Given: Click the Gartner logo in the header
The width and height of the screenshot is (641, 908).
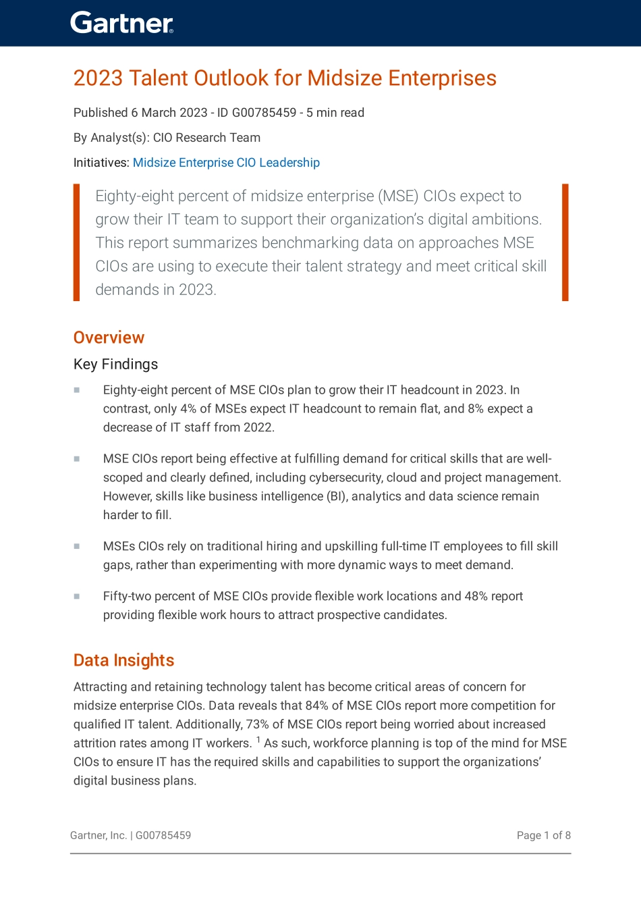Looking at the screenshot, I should (121, 23).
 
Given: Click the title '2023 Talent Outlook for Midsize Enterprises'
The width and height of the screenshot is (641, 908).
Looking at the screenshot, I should (285, 78).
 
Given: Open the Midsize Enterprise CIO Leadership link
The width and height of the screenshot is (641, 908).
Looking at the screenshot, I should (226, 163).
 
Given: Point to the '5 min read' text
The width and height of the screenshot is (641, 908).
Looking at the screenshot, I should (335, 113).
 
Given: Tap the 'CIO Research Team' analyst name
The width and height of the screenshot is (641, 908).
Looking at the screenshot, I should (206, 138).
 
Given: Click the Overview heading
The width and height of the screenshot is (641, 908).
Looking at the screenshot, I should (109, 338).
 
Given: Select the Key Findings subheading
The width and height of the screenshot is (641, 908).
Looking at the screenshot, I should (115, 365).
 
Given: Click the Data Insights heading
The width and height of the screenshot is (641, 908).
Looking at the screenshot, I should (123, 660).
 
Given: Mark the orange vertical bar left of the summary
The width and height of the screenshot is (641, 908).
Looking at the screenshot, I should (76, 242).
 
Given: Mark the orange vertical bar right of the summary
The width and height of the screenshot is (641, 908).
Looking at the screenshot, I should (565, 242).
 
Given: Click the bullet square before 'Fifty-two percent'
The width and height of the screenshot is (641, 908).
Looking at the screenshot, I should (77, 596).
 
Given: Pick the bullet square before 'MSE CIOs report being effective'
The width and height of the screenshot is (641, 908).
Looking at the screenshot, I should (77, 458).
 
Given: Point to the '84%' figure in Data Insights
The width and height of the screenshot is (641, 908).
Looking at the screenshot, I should (316, 705).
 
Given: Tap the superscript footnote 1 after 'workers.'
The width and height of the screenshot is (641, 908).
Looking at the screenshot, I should (258, 740).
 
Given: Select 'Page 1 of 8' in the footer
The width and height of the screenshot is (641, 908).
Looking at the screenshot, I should (543, 836).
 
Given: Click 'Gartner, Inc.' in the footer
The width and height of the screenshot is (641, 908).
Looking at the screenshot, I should (99, 836).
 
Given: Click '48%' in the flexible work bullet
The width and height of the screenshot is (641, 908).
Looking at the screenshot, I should (476, 596).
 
